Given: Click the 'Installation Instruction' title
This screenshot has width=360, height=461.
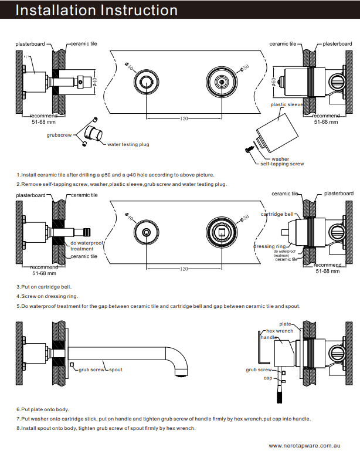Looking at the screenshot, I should [x=97, y=11].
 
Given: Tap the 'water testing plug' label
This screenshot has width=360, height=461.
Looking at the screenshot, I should [x=128, y=144].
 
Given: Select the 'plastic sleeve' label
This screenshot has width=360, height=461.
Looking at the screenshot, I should [x=287, y=105].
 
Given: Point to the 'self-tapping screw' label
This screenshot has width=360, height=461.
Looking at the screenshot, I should [x=284, y=164].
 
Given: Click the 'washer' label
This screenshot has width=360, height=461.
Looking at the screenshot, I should [x=280, y=159].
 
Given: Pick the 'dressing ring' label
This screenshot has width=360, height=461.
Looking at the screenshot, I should [x=270, y=247].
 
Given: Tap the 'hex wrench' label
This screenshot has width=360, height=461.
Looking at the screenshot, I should [x=280, y=331].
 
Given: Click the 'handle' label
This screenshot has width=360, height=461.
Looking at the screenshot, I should [x=269, y=338].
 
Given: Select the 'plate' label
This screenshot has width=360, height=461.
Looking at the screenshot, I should [x=285, y=324].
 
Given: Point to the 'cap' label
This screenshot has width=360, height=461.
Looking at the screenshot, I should [x=267, y=378].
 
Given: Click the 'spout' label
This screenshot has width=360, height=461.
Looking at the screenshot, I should [x=116, y=370].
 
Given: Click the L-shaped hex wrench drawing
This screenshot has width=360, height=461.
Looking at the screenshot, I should [x=260, y=351].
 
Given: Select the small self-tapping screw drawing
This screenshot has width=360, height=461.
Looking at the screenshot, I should [x=249, y=150].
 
